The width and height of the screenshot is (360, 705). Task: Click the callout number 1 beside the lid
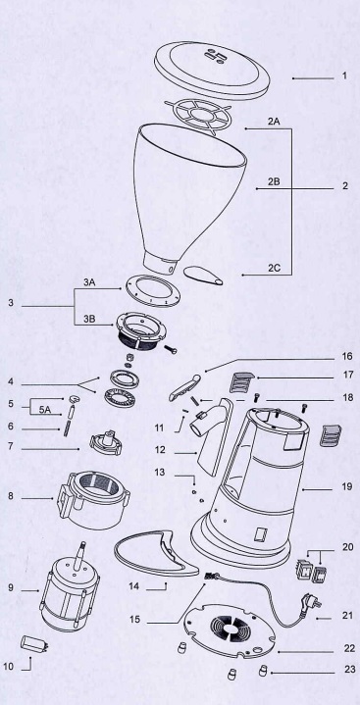point(344,76)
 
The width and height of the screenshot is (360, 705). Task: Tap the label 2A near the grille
point(274,121)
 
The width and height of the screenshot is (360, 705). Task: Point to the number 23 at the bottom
point(349,670)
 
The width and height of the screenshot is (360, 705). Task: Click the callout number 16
point(347,357)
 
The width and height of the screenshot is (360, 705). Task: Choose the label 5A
point(44,410)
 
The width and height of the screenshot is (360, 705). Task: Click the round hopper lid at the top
point(212,70)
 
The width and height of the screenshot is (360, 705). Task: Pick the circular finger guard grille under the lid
point(198,117)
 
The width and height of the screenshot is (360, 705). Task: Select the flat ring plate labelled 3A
point(153,290)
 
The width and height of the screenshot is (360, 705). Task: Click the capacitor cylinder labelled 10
point(34,643)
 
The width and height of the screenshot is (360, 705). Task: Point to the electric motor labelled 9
point(70,591)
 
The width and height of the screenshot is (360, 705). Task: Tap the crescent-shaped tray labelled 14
point(157,553)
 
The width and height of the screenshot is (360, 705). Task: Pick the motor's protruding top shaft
point(82,556)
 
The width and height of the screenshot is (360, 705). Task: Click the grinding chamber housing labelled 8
point(93,499)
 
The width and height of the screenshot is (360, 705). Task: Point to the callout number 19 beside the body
point(347,486)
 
